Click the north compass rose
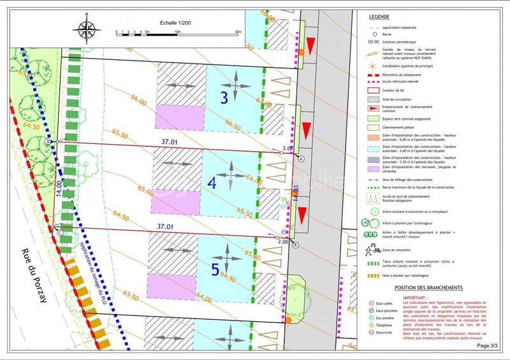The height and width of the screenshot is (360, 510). pyautogui.click(x=85, y=29)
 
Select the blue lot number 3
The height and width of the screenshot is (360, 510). pyautogui.click(x=224, y=97)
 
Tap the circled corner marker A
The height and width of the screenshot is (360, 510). pyautogui.click(x=302, y=158)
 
